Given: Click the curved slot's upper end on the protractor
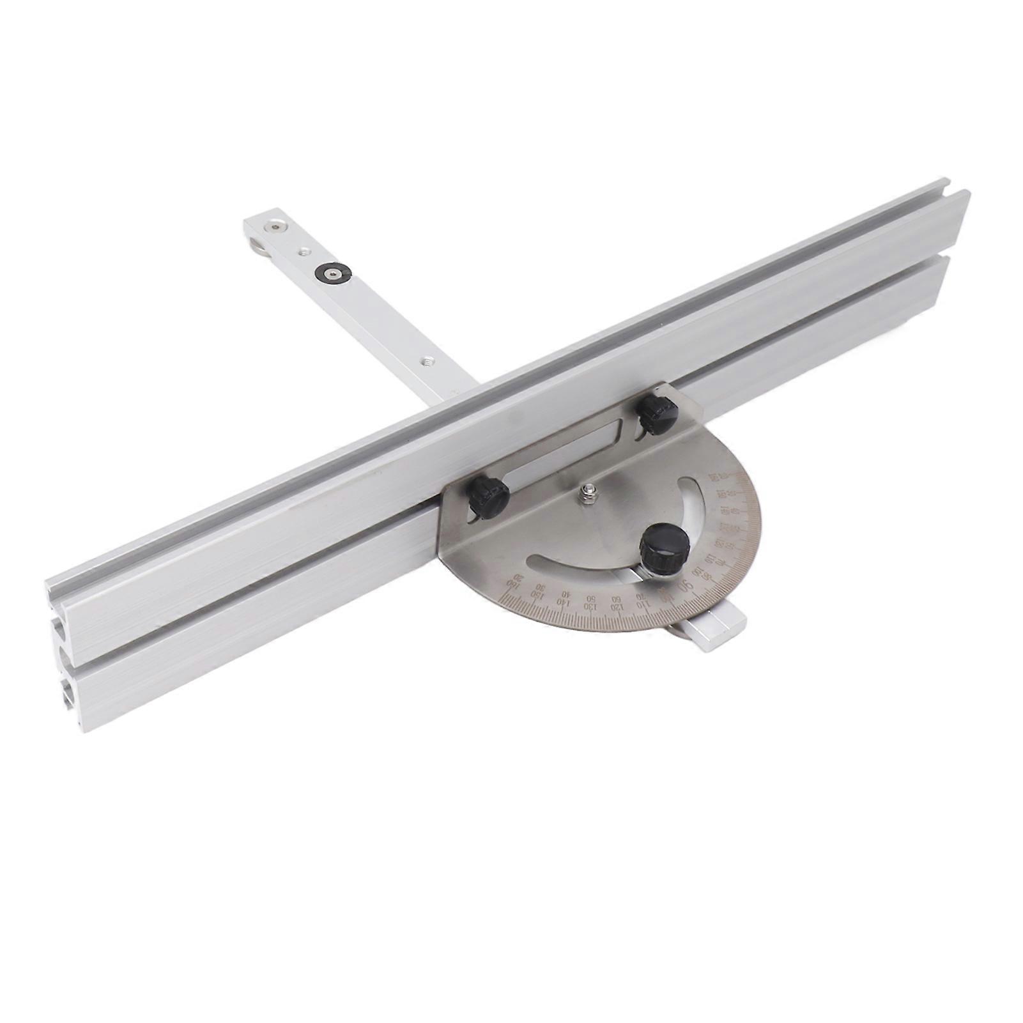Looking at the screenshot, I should click(x=691, y=486).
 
